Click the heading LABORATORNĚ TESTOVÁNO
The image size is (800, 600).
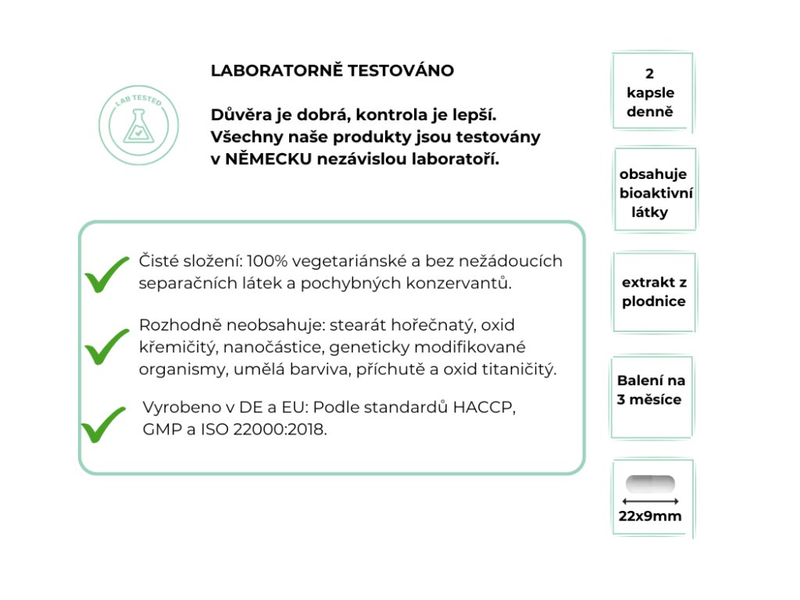[332, 71]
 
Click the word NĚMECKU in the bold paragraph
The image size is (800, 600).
[264, 159]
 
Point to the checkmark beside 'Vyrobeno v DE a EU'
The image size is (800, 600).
[103, 423]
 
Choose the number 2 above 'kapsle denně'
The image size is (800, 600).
[650, 74]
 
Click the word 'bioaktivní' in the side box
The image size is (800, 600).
[656, 193]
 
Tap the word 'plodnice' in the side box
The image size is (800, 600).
[654, 302]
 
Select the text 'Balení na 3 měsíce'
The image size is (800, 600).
[650, 390]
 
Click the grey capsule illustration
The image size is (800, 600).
[650, 484]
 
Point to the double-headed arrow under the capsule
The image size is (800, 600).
[650, 501]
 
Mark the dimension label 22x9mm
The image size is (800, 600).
[650, 516]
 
